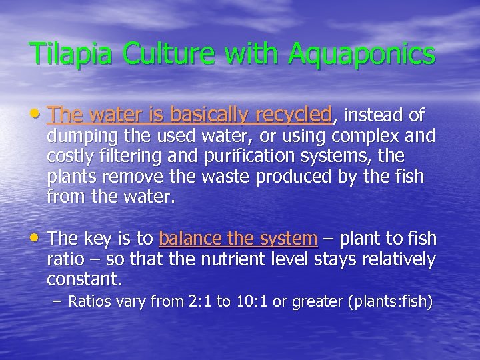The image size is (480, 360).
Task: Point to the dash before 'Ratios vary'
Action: (58, 302)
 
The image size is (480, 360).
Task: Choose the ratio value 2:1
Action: (198, 302)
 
